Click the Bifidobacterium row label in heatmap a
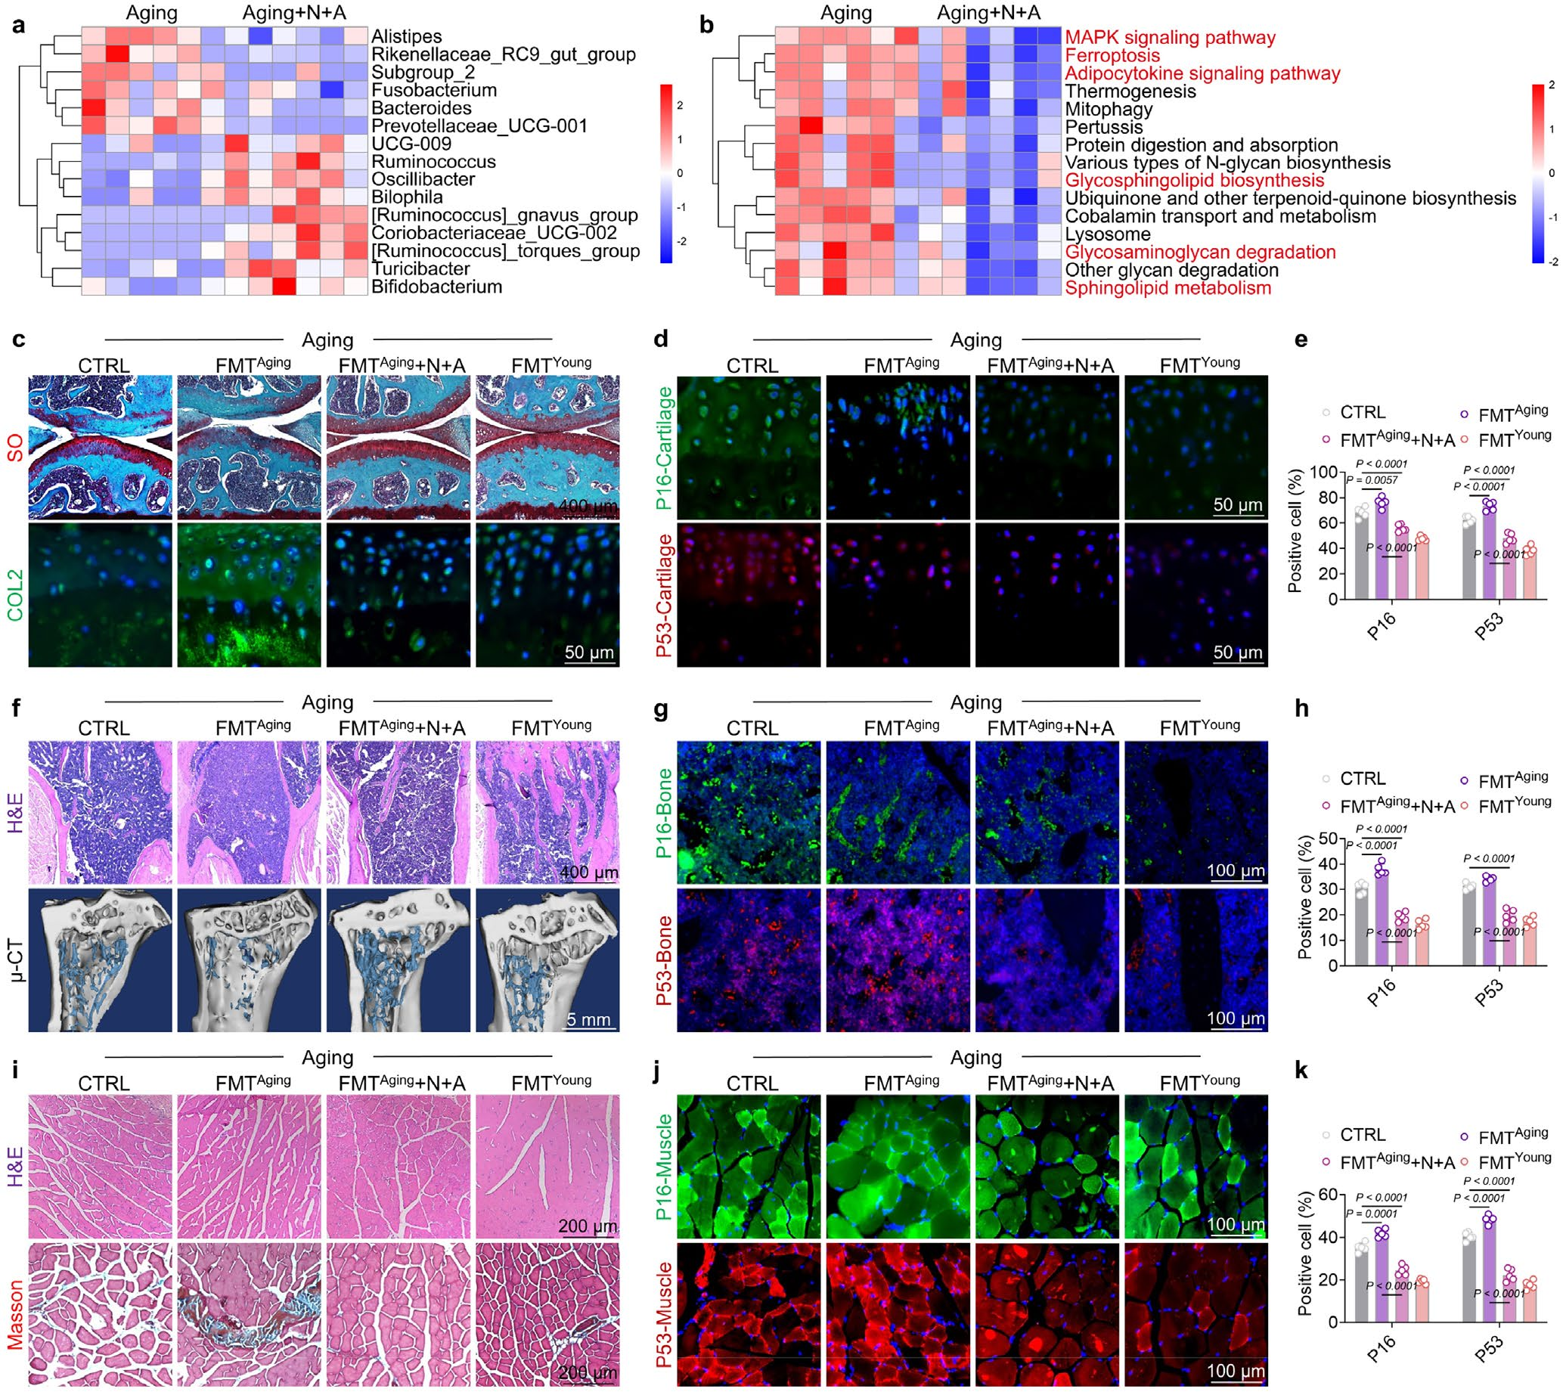(436, 287)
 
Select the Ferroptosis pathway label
(1112, 56)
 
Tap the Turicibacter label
(421, 269)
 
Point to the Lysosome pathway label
(1108, 234)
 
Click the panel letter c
(19, 339)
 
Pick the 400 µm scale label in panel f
(589, 873)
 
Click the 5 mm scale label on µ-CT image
(589, 1020)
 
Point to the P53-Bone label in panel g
(664, 961)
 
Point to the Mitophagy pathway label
(1109, 110)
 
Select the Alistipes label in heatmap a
(406, 37)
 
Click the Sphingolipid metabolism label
(1168, 288)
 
